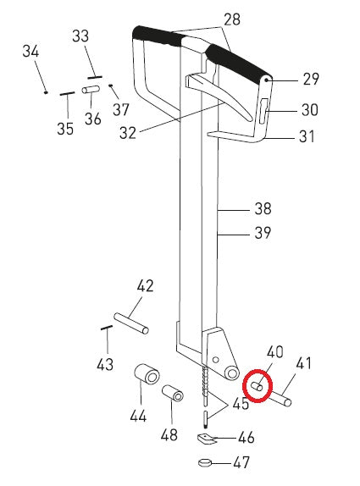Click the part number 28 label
[x=232, y=19]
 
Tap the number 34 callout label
[x=30, y=51]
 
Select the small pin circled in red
[x=257, y=386]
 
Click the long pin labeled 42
[x=131, y=323]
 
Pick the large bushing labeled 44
[x=147, y=374]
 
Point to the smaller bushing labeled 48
[x=173, y=393]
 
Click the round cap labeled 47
[x=205, y=463]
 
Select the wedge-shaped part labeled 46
[x=206, y=439]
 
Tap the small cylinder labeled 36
[x=91, y=90]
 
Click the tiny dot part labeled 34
[x=46, y=92]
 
